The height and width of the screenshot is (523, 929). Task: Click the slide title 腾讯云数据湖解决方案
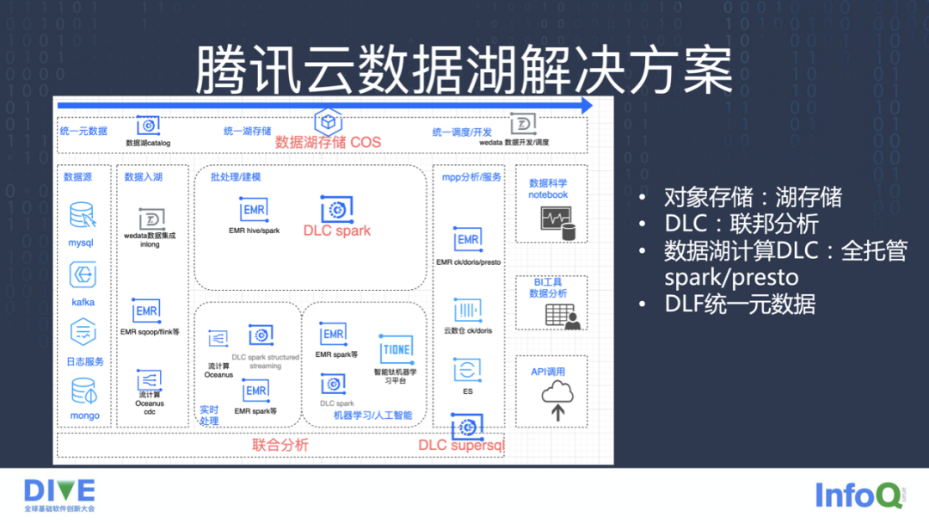coord(464,71)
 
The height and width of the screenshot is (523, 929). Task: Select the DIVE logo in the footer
coord(59,491)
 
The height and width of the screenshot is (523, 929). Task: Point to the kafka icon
coord(83,276)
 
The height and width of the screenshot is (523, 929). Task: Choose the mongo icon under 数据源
coord(83,392)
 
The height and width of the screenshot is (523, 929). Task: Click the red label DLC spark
coord(337,231)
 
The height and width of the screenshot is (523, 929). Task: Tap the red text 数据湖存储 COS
coord(328,142)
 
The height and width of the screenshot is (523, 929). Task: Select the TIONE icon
coord(397,349)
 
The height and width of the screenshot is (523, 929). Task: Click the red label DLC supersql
coord(461,446)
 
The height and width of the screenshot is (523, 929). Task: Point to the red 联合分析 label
coord(280,446)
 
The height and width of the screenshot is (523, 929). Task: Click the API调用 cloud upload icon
coord(557,400)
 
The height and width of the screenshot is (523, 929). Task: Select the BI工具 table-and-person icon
coord(563,316)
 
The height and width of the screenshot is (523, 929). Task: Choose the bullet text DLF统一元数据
coord(739,304)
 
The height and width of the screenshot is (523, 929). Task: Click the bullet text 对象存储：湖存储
coord(752,198)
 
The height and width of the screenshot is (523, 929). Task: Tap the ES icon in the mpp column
coord(467,371)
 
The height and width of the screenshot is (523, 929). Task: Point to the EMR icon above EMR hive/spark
coord(254,210)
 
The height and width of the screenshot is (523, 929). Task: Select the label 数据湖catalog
coord(148,143)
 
